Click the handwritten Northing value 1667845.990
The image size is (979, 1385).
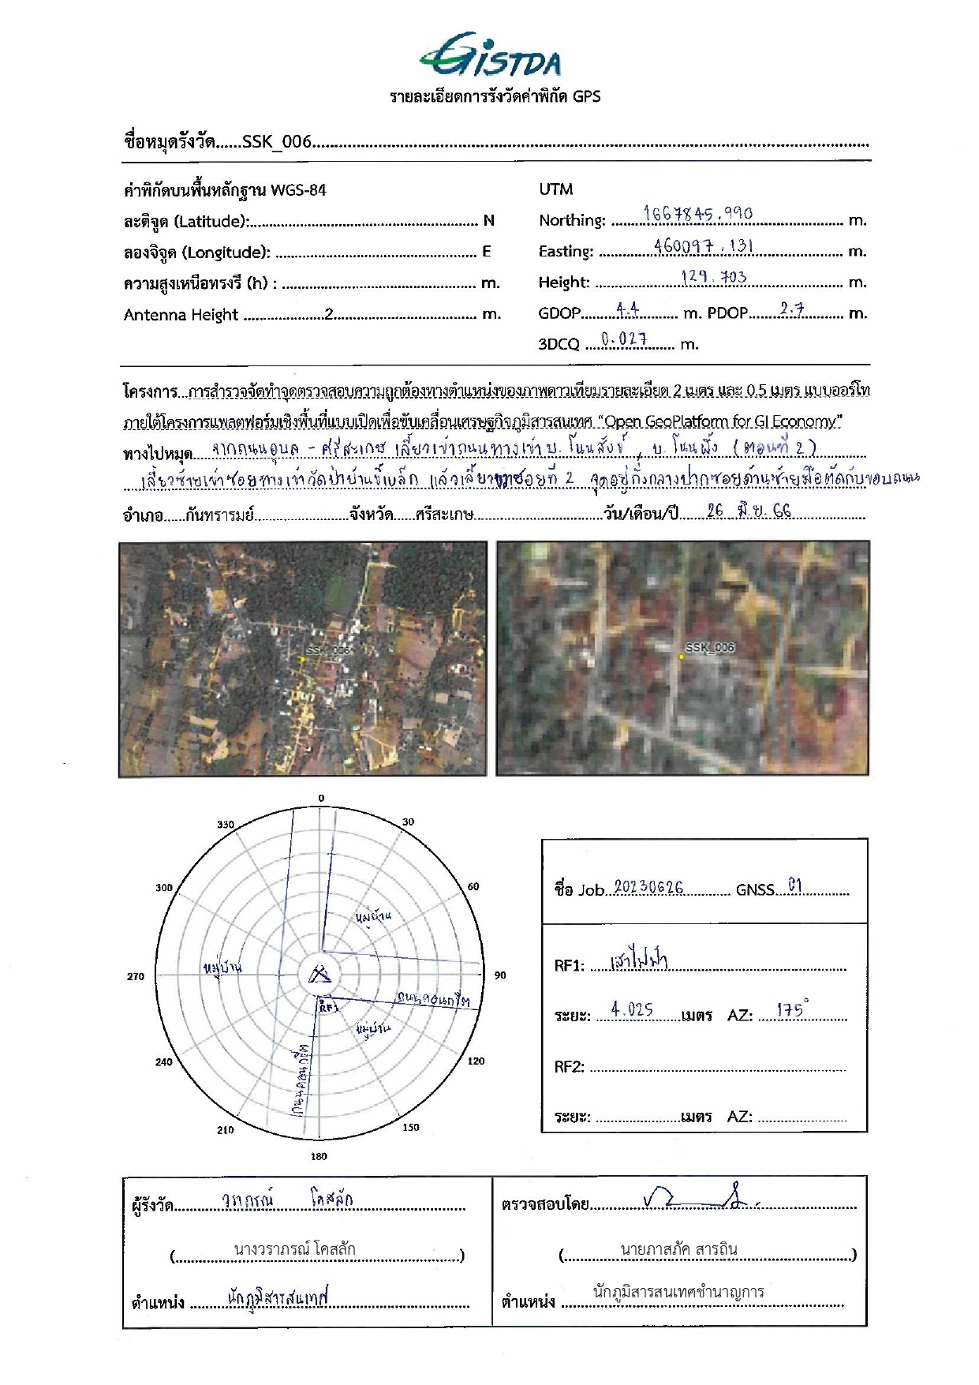tap(697, 214)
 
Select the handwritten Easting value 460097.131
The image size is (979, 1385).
tap(703, 245)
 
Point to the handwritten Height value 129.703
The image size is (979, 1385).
tap(713, 276)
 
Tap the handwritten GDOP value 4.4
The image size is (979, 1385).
tap(627, 309)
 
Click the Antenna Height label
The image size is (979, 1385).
tap(181, 315)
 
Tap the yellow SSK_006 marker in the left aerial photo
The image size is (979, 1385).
tap(302, 660)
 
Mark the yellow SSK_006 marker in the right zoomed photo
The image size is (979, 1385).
tap(682, 657)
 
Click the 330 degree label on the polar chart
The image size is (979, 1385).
tap(226, 825)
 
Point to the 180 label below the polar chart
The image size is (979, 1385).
tap(319, 1156)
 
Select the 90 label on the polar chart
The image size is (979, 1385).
tap(500, 975)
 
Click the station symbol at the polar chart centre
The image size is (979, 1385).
tap(319, 975)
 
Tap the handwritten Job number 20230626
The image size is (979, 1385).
tap(648, 888)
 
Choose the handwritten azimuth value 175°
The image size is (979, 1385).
tap(792, 1009)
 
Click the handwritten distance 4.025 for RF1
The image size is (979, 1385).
tap(632, 1009)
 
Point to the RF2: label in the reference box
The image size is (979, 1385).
tap(569, 1067)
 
